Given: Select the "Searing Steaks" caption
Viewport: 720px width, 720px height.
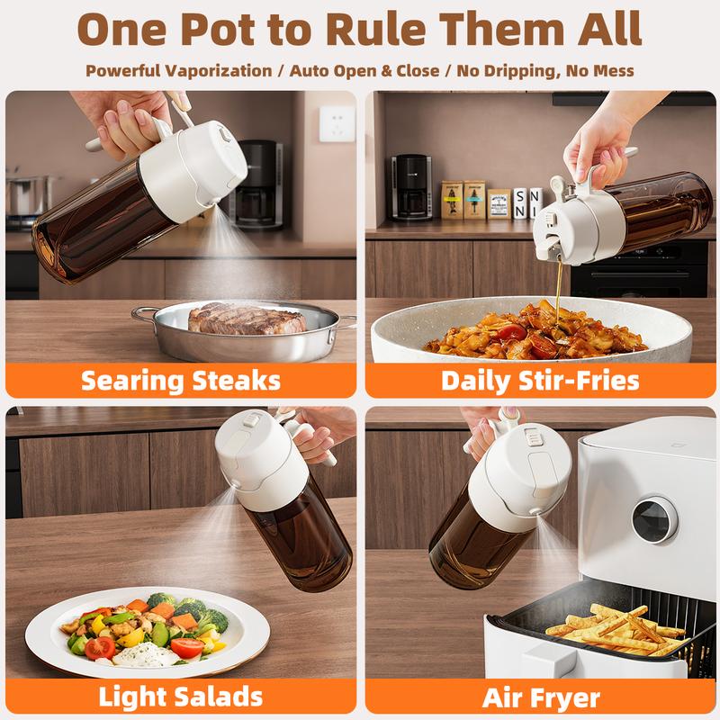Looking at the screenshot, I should coord(181,379).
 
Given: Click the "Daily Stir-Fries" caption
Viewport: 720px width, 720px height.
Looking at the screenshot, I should coord(540,379).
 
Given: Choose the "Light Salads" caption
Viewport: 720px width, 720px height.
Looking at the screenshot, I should coord(181,695).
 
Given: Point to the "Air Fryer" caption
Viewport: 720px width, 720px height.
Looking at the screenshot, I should coord(541,695).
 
